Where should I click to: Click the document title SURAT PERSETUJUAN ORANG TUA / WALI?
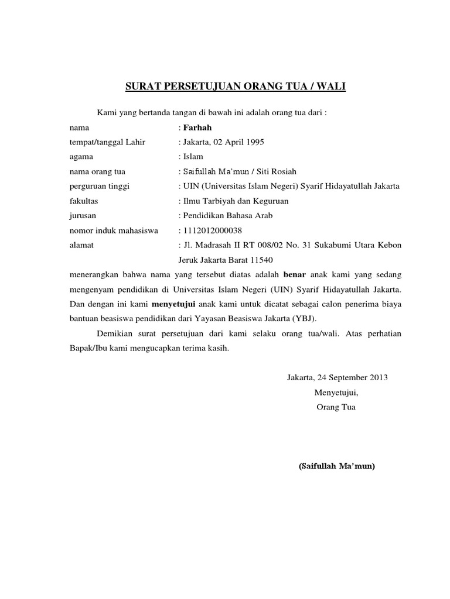point(236,88)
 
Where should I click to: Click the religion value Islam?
point(193,157)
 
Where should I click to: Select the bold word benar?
point(295,274)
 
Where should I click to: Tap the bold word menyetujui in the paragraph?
point(173,305)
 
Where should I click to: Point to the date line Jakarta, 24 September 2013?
point(337,377)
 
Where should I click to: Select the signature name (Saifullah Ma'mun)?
point(336,467)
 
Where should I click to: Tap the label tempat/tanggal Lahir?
point(107,142)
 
